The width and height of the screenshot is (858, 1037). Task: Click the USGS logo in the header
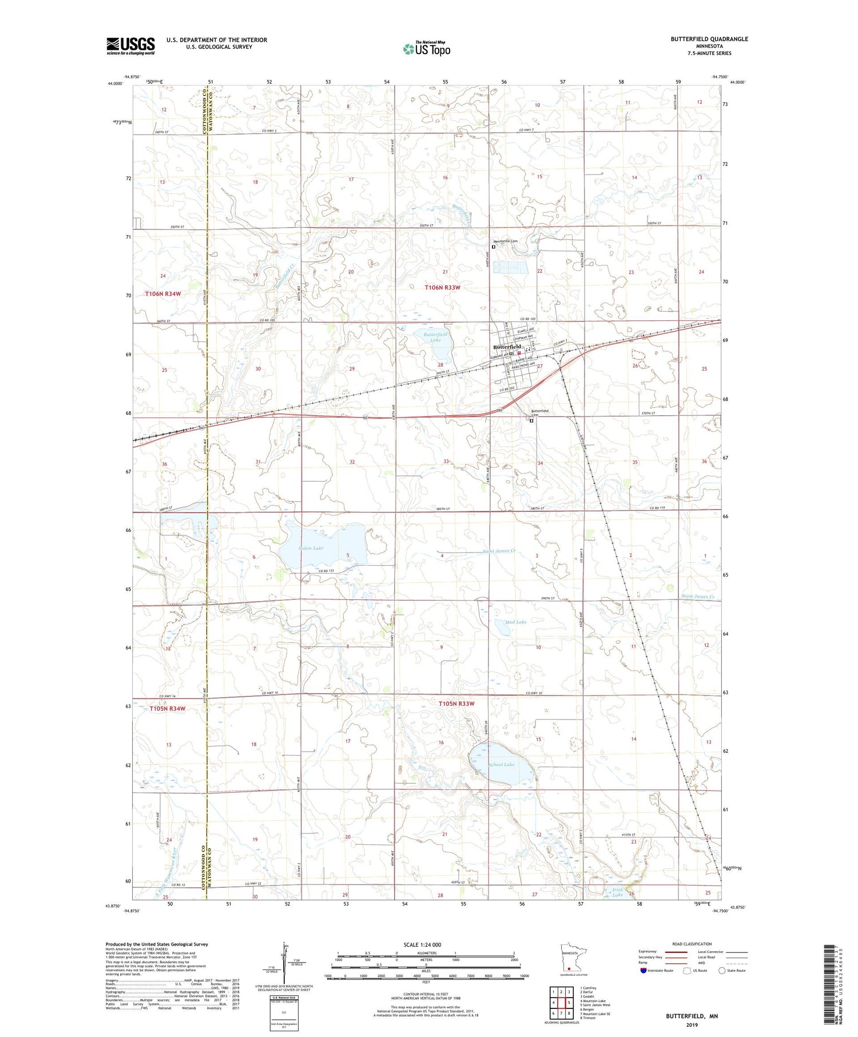click(130, 46)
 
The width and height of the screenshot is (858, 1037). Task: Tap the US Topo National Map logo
click(426, 49)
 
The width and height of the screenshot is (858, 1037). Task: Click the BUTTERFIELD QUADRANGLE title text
click(709, 39)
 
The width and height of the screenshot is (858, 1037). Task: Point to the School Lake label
click(501, 764)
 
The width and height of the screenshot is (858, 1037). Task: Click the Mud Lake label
click(515, 622)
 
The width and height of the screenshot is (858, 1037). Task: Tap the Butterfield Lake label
click(436, 337)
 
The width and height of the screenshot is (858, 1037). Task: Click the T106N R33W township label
click(442, 287)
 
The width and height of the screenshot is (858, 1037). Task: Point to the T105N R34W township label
click(168, 709)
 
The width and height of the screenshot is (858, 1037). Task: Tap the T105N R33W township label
click(456, 704)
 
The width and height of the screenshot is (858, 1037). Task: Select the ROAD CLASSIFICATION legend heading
click(692, 944)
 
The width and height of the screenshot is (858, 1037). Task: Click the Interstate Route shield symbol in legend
click(643, 971)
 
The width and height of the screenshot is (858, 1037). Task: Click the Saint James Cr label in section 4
click(499, 551)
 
